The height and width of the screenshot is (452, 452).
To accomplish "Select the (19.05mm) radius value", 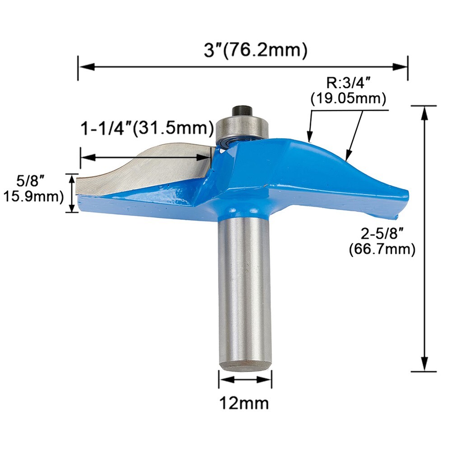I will coord(348,98).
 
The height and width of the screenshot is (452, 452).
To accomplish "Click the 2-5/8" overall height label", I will coord(381,233).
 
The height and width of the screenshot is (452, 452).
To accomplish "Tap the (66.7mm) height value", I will coord(382,249).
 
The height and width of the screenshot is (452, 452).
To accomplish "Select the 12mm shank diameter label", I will coord(245,401).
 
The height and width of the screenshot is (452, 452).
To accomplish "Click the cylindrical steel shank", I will coord(245,294).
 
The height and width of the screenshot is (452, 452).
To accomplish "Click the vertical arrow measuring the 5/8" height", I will coord(71,193).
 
